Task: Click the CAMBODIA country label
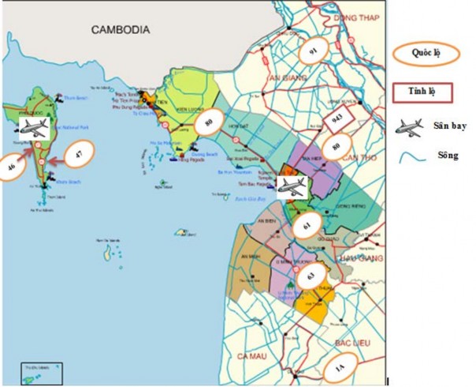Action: tap(121, 30)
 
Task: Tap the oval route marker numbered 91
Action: tap(314, 51)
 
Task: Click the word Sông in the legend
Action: tap(444, 156)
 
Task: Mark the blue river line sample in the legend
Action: tap(411, 158)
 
